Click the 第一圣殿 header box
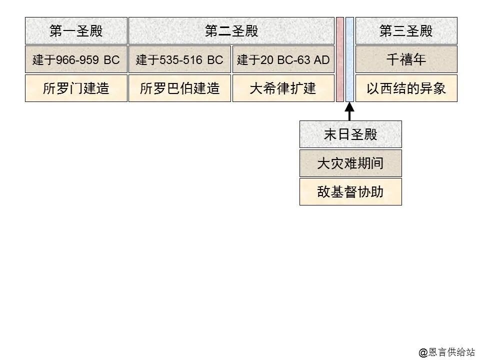click(76, 31)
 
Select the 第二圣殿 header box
click(231, 31)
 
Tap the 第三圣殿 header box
click(406, 31)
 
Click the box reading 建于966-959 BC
click(76, 60)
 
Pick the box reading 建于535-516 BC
click(179, 60)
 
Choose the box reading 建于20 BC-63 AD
click(283, 60)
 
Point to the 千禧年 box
click(406, 60)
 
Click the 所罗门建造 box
click(76, 88)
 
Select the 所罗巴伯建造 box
click(179, 88)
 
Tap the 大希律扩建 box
click(283, 88)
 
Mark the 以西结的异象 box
click(406, 88)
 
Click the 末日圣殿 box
click(350, 134)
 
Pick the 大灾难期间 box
click(350, 163)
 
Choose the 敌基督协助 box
click(350, 191)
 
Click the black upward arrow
click(349, 110)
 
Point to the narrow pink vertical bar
click(340, 59)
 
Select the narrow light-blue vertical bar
click(349, 59)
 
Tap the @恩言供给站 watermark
click(446, 352)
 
